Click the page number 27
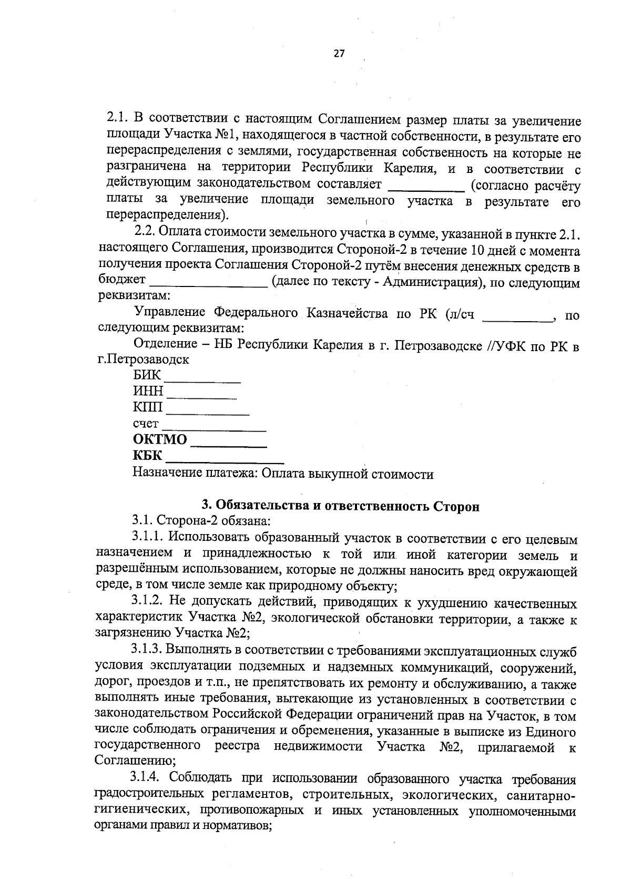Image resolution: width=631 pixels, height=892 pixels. tap(339, 54)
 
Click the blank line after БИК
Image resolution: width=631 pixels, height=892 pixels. tap(203, 378)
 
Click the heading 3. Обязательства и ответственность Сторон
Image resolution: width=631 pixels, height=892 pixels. tap(341, 506)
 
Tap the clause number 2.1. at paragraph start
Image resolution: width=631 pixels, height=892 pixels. tap(118, 117)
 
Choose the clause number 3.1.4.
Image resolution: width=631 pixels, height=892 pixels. tap(148, 778)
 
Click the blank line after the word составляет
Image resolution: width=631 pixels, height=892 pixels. tap(426, 188)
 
